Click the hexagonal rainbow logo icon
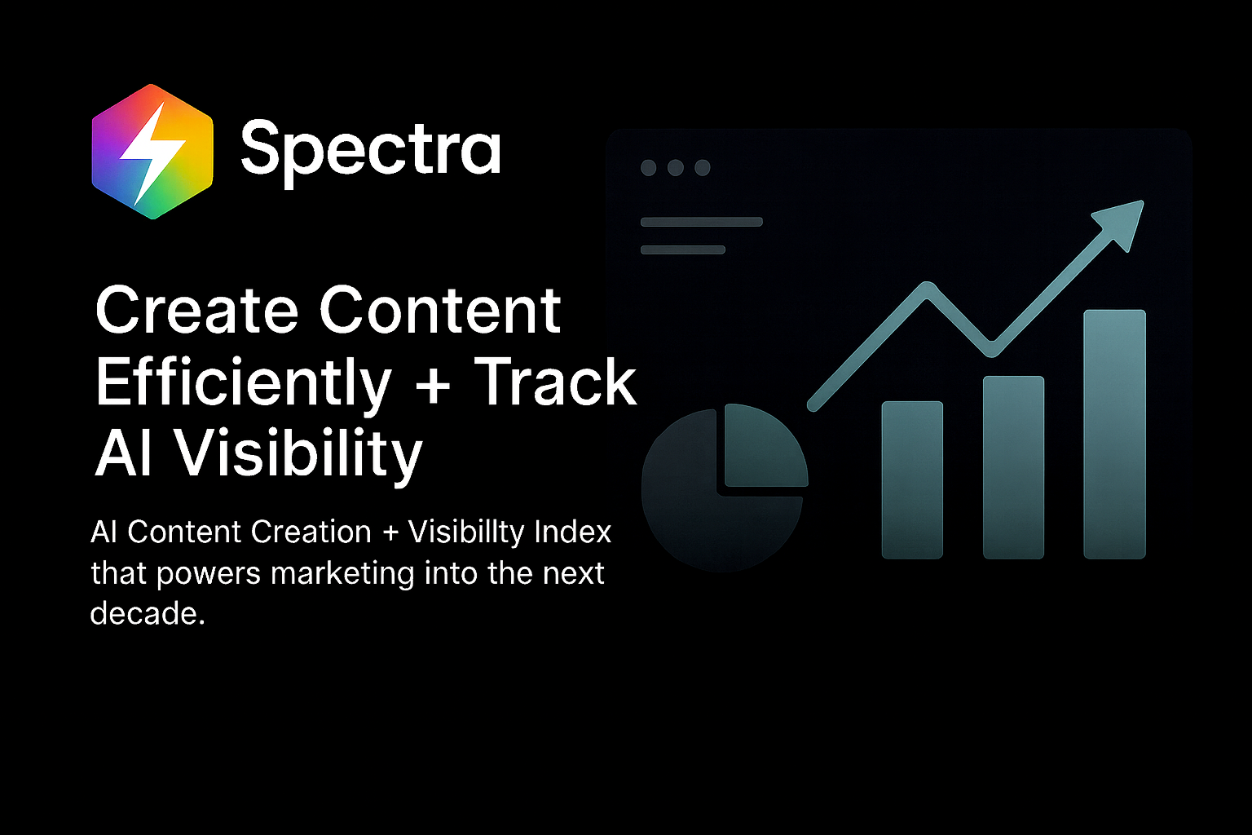152,152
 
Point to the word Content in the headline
439,311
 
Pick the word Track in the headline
555,382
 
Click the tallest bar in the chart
1114,434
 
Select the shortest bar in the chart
912,479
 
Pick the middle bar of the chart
1013,466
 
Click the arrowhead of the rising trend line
1122,221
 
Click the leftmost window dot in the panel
649,168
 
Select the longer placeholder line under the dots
702,222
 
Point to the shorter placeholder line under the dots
683,250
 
